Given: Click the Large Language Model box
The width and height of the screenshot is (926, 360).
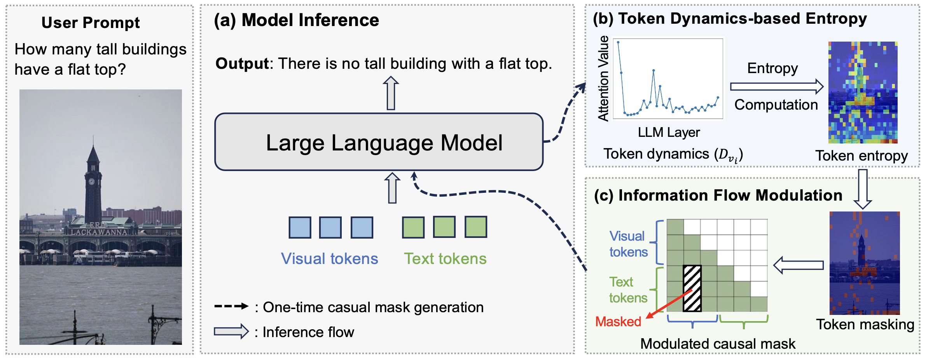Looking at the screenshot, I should (379, 142).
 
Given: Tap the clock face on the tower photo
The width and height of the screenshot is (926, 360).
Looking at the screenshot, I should (91, 182).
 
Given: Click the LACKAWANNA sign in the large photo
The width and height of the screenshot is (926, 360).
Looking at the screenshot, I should (99, 232).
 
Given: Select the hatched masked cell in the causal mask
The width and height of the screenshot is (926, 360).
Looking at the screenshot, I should (692, 288).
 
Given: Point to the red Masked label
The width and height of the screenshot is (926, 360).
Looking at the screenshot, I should (618, 322).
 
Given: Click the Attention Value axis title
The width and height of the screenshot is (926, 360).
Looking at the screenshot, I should (603, 79).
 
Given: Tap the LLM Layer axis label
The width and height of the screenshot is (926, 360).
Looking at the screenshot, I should (669, 133).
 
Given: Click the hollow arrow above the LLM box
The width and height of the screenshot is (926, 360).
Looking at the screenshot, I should (391, 93).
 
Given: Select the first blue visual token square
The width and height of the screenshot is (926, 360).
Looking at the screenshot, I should (300, 227).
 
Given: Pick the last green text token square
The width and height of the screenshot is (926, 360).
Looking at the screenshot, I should (476, 227).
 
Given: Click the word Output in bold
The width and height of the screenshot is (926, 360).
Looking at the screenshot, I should (242, 63).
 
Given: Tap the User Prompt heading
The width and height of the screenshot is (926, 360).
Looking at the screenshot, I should (91, 23).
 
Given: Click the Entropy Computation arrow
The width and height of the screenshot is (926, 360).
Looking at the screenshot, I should (776, 86).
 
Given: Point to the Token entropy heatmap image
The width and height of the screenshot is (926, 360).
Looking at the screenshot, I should (863, 92).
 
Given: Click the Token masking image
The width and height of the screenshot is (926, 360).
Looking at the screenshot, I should (865, 263).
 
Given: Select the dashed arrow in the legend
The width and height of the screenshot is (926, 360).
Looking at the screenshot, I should (231, 306).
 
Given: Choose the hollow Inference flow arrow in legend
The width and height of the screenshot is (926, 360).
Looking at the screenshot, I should (231, 331).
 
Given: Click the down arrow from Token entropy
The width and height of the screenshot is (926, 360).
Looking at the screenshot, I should (863, 189).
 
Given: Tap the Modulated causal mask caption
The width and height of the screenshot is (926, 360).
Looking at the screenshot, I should (718, 344).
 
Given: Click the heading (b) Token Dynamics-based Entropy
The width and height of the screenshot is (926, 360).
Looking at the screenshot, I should (730, 19).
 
